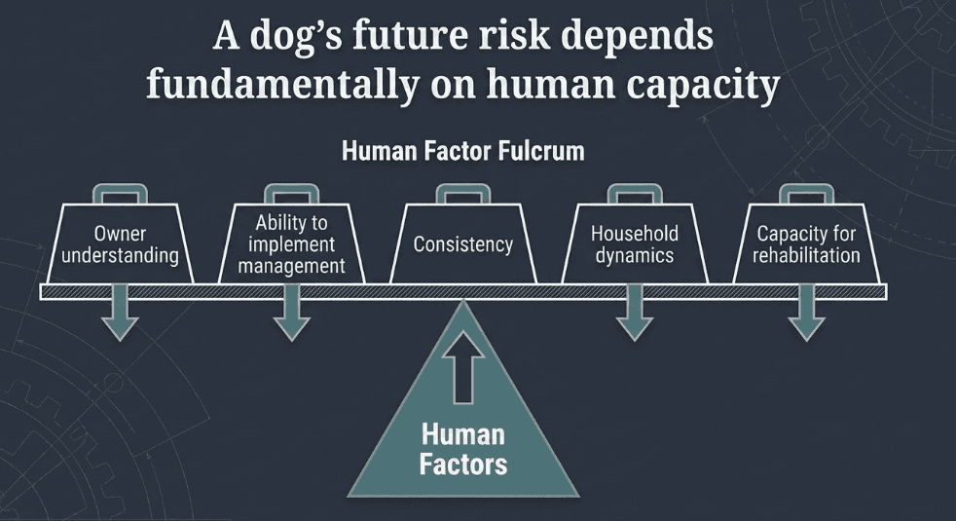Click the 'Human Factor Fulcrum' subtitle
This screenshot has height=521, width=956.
click(x=463, y=151)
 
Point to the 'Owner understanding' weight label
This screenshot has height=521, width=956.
click(x=120, y=244)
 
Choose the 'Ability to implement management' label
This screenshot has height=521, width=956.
click(x=291, y=244)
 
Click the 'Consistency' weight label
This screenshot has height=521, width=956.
click(x=463, y=244)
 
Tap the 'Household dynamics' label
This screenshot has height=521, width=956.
click(x=635, y=244)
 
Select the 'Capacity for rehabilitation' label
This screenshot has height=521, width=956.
click(x=806, y=244)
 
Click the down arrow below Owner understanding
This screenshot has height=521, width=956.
click(x=120, y=314)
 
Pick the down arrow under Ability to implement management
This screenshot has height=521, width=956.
click(x=291, y=314)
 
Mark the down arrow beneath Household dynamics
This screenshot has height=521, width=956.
click(x=635, y=314)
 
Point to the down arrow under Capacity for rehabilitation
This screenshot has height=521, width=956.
click(x=806, y=314)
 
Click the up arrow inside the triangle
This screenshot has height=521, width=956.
click(x=463, y=367)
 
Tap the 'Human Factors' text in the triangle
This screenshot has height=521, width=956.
click(x=463, y=450)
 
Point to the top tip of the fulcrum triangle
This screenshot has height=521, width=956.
click(x=463, y=301)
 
